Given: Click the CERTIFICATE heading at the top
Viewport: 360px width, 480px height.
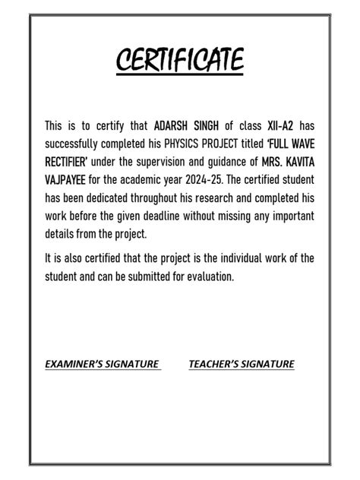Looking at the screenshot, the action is (180, 60).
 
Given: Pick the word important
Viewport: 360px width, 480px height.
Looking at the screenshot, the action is (289, 216).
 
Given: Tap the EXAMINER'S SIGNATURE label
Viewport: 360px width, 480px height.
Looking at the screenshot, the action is (103, 364).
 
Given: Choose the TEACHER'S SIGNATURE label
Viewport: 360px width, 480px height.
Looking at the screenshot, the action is (241, 364).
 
